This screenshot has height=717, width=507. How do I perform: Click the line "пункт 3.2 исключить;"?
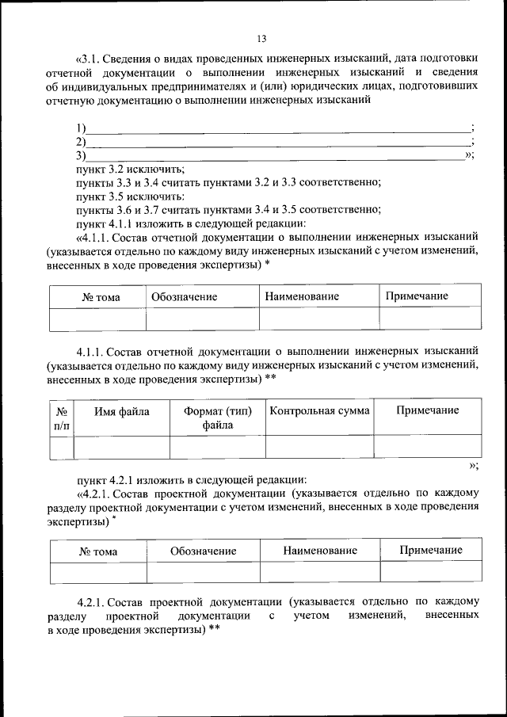130,169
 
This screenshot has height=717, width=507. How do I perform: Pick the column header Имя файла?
122,410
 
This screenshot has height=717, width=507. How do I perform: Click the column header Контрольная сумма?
319,410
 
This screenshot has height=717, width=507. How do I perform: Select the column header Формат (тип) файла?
218,418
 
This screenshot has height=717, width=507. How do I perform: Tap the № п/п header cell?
61,418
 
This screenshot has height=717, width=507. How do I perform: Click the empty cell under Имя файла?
122,447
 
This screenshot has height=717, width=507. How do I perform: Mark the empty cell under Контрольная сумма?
319,447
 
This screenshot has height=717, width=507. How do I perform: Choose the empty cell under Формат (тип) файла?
218,447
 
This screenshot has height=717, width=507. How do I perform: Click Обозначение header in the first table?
184,296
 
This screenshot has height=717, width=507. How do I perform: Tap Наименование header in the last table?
320,551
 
